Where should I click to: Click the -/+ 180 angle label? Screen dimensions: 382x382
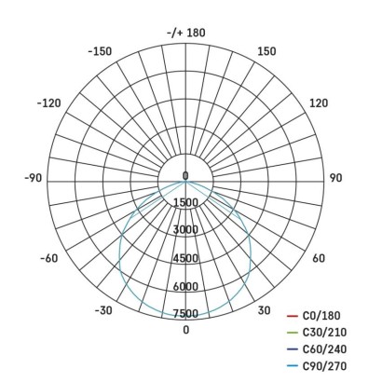tap(185, 34)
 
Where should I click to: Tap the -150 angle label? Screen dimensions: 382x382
tap(100, 52)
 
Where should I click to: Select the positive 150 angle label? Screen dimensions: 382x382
tap(266, 52)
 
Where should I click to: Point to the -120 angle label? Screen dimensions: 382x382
tap(48, 102)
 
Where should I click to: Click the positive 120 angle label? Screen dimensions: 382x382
tap(318, 102)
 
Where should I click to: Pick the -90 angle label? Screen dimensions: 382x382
tap(34, 177)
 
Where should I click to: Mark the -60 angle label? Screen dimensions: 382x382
tap(48, 258)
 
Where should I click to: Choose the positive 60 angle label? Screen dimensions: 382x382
tap(318, 258)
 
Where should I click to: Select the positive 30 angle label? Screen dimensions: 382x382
tap(264, 311)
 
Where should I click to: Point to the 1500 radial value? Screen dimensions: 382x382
tap(185, 203)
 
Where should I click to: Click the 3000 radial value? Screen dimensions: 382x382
tap(185, 230)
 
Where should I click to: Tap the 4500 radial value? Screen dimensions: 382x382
tap(185, 258)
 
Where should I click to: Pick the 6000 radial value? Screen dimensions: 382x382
tap(185, 286)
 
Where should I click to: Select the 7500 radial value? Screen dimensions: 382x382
tap(185, 314)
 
